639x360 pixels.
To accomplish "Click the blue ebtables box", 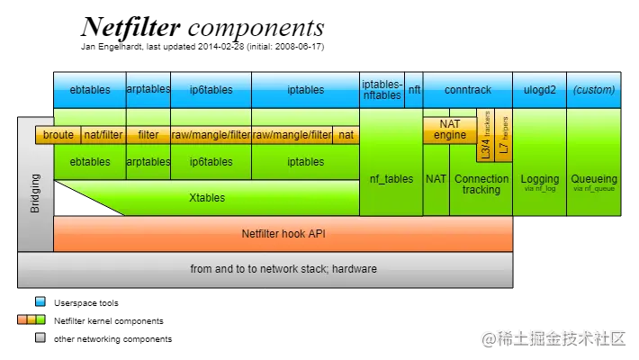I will [89, 90].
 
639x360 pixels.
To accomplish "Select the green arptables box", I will [148, 162].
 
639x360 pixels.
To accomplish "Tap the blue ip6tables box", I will [211, 90].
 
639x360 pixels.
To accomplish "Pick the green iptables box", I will [305, 162].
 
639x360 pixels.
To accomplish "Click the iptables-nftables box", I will [382, 90].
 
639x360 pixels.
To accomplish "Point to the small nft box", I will [414, 90].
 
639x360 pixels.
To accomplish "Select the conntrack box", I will [468, 90].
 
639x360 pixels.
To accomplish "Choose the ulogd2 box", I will [539, 90].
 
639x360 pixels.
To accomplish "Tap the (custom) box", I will [594, 90].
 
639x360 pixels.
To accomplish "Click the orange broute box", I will [58, 135].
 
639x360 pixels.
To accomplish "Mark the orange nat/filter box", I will [103, 135].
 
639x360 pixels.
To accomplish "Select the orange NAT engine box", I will [450, 130].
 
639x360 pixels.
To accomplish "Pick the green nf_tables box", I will [391, 179].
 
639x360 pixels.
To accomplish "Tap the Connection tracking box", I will [481, 184].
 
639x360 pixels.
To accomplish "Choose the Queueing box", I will [594, 180].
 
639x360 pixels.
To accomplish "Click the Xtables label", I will [207, 197].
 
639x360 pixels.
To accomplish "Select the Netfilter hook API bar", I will [283, 233].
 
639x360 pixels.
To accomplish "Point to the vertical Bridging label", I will [36, 193].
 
